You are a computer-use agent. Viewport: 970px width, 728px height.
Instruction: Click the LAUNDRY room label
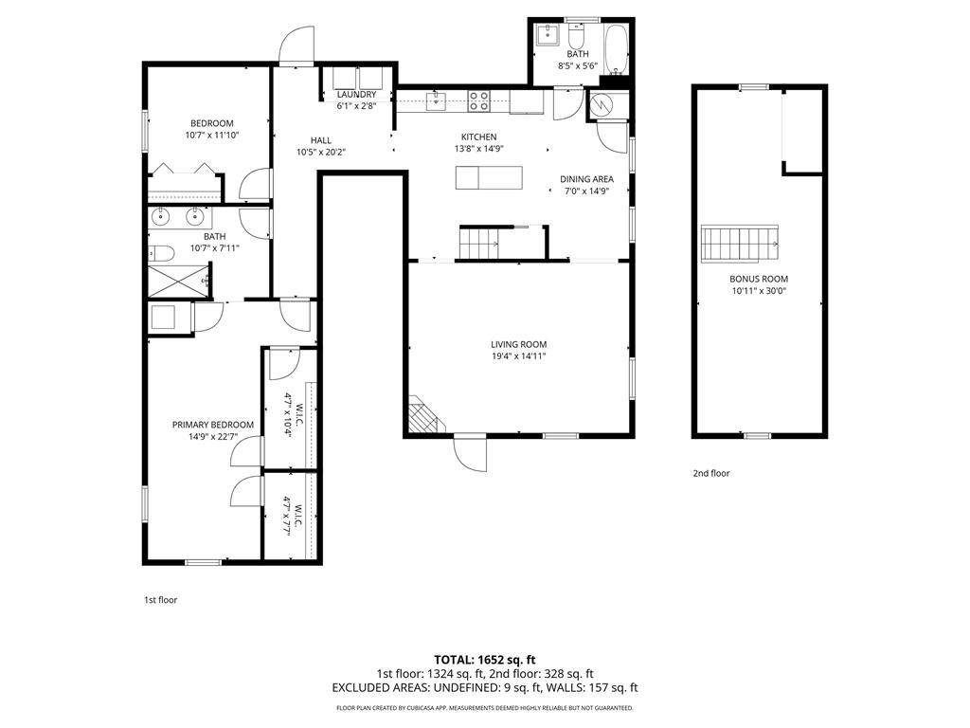[356, 94]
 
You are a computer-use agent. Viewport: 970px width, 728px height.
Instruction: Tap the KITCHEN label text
[478, 136]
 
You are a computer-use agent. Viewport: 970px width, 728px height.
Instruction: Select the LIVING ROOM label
[518, 344]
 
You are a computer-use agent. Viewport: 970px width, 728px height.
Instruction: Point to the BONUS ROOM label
[759, 279]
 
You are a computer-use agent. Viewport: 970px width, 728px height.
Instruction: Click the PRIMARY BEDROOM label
[213, 425]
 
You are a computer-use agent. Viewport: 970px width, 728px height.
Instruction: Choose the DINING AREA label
[586, 179]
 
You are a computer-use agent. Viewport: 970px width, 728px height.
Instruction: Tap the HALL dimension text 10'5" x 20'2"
[320, 152]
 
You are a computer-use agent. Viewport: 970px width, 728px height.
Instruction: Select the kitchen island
[489, 177]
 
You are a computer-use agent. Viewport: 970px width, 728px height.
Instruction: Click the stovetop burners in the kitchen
[478, 100]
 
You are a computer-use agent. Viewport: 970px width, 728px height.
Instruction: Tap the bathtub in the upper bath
[616, 49]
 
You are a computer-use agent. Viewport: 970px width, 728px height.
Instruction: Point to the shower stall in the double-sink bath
[178, 281]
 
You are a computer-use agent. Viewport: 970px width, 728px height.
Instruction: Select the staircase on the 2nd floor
[740, 244]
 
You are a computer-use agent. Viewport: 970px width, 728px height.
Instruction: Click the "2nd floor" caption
[711, 474]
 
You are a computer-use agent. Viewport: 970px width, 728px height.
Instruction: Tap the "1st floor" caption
[161, 600]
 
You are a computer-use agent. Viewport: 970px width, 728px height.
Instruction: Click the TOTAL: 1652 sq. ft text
[484, 660]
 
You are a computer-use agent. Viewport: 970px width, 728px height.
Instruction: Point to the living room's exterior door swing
[470, 455]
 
